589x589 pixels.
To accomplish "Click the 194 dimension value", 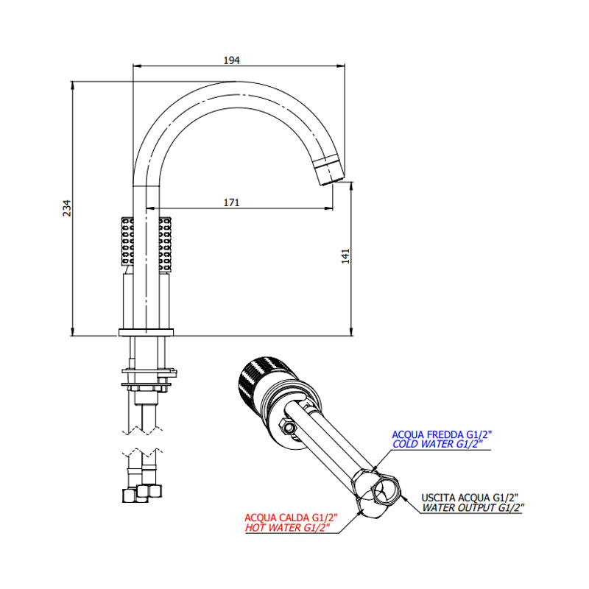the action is (231, 60).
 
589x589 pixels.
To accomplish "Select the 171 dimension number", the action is (231, 202).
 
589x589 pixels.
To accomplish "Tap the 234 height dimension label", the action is (66, 208).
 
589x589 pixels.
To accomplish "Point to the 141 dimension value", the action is (345, 256).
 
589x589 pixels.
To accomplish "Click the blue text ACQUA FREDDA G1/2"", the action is (442, 434).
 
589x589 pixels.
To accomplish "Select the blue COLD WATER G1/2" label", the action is (437, 444).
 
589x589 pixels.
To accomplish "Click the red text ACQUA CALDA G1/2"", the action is (291, 518).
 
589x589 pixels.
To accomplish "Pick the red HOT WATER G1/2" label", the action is (287, 527).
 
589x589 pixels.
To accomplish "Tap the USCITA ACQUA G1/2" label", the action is (470, 498).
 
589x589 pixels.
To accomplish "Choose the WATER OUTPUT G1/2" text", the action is (473, 507).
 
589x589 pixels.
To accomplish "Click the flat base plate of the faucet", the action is (146, 332).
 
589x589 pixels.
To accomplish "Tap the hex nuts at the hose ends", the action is (142, 493).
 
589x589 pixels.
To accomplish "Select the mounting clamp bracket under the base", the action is (149, 378).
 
